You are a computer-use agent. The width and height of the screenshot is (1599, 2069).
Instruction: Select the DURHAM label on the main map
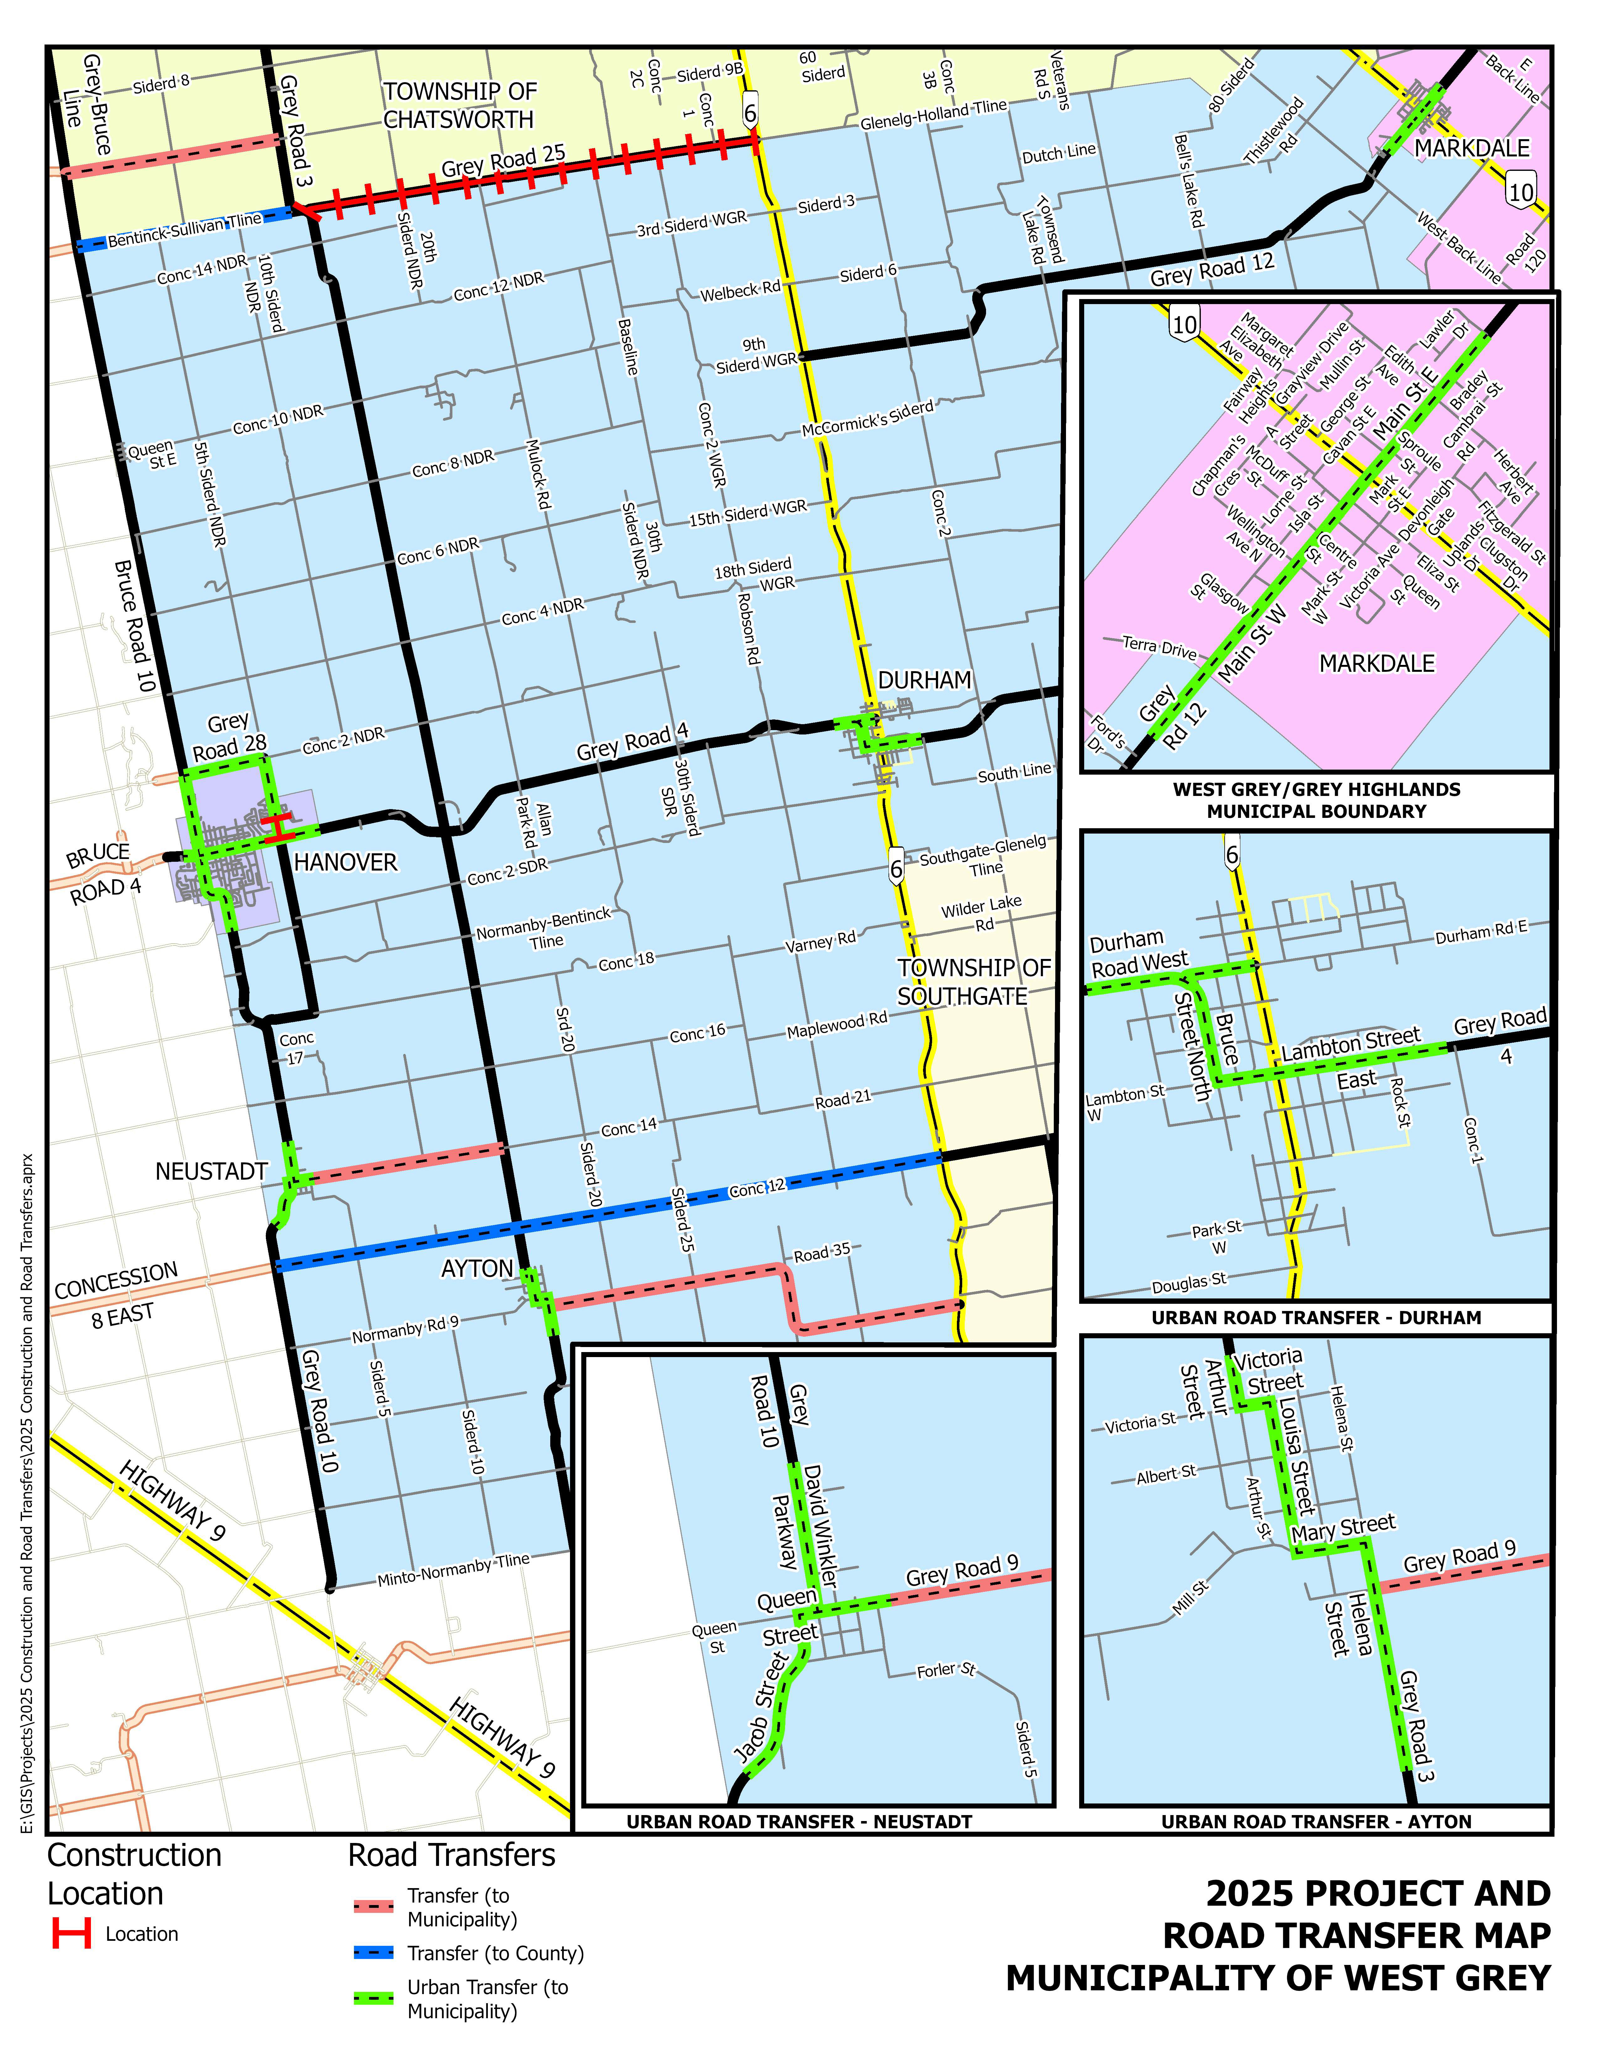click(x=925, y=680)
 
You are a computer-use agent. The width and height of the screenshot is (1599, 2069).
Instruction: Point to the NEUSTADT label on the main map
click(x=211, y=1172)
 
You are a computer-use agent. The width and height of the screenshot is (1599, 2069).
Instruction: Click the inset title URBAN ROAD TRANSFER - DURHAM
click(x=1316, y=1318)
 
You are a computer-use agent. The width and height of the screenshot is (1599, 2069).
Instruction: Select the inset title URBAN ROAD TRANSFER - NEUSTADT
click(x=799, y=1821)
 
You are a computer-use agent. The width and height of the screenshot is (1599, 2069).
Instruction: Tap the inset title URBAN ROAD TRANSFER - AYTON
click(x=1316, y=1821)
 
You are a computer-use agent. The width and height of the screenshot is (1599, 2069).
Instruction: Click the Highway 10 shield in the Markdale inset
click(x=1184, y=324)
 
